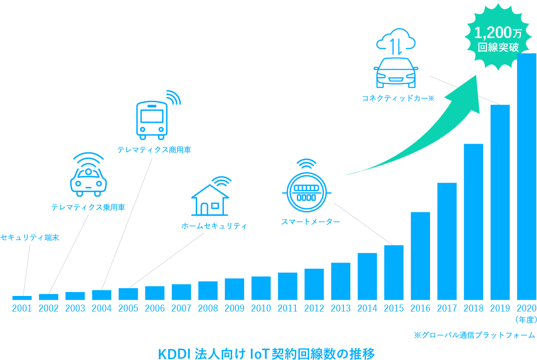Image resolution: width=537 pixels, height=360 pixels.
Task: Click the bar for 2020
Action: tap(527, 177)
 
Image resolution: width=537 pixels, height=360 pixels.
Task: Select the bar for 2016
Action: tap(420, 256)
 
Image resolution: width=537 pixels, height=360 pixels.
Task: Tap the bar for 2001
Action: tap(22, 298)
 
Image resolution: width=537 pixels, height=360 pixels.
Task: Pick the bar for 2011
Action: tap(288, 286)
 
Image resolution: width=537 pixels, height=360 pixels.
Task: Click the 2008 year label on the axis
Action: tap(208, 308)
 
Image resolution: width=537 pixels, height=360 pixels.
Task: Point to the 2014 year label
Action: tap(367, 308)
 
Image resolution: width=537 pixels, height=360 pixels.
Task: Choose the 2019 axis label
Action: tap(500, 308)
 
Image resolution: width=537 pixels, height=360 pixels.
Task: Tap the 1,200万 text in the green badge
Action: tap(498, 32)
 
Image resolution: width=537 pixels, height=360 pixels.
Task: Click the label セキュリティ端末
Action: tap(30, 238)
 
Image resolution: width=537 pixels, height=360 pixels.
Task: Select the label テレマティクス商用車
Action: tap(154, 150)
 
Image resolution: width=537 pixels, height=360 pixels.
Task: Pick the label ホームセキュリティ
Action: tap(214, 226)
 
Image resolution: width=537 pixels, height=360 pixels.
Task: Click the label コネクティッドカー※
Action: tap(398, 98)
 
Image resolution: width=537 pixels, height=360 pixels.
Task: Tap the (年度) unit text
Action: tap(526, 319)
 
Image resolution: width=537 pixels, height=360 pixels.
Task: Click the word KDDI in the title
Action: tap(174, 354)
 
